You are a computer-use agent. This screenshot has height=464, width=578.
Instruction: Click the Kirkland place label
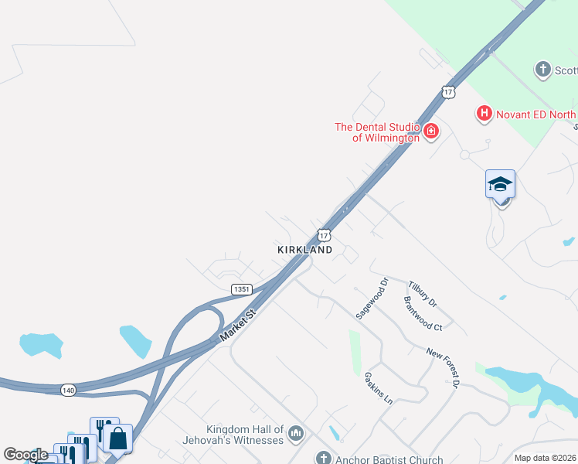(x=304, y=250)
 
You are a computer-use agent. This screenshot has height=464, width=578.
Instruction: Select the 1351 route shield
(x=241, y=289)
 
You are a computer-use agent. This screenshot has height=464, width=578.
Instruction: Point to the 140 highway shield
(x=68, y=391)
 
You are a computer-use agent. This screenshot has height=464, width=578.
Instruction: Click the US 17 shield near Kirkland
(x=325, y=234)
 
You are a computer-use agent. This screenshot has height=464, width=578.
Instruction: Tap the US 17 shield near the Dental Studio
(x=448, y=92)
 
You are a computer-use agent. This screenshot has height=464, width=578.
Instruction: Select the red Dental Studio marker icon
(x=430, y=131)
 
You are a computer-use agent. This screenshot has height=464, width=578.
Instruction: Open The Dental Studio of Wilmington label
(x=376, y=132)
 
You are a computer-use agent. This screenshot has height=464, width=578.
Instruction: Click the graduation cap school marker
(x=500, y=184)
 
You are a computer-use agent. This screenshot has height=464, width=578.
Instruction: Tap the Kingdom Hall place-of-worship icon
(x=294, y=435)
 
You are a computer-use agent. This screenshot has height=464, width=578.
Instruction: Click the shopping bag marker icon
(x=117, y=438)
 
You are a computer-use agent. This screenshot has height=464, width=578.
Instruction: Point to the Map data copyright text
(x=546, y=458)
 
